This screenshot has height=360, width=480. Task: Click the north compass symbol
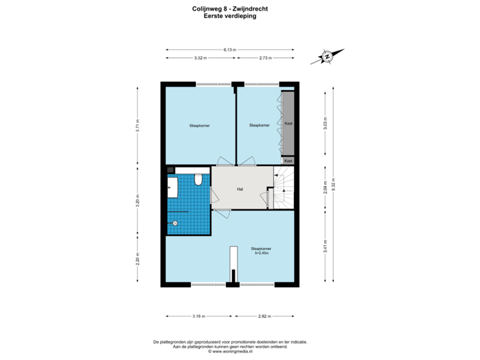(327, 57)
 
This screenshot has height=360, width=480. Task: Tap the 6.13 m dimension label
(230, 49)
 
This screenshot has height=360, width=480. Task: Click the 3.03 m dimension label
(325, 124)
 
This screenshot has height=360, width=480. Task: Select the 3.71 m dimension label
(138, 125)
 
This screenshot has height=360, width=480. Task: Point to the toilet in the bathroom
(198, 181)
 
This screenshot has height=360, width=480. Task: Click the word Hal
(239, 189)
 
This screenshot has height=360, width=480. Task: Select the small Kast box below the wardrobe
(289, 161)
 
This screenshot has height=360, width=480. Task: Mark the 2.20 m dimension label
(138, 258)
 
